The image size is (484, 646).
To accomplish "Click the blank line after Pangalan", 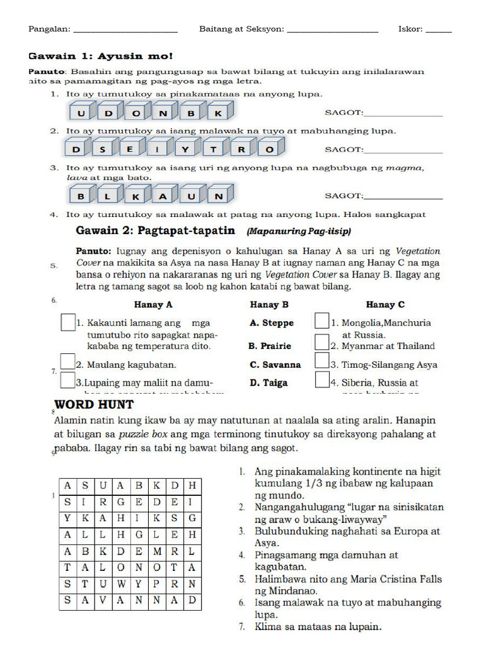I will tap(125, 30).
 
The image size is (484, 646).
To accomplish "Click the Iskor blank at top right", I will tap(439, 30).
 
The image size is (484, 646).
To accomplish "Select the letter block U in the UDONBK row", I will tap(81, 114).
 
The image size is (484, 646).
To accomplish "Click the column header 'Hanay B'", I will tap(269, 305).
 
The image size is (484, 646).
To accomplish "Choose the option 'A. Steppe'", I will tap(272, 323).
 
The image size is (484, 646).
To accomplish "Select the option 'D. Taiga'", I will tap(268, 382).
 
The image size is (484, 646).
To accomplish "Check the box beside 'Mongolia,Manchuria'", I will tap(322, 321).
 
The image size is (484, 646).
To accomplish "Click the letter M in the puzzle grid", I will tap(156, 551).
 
